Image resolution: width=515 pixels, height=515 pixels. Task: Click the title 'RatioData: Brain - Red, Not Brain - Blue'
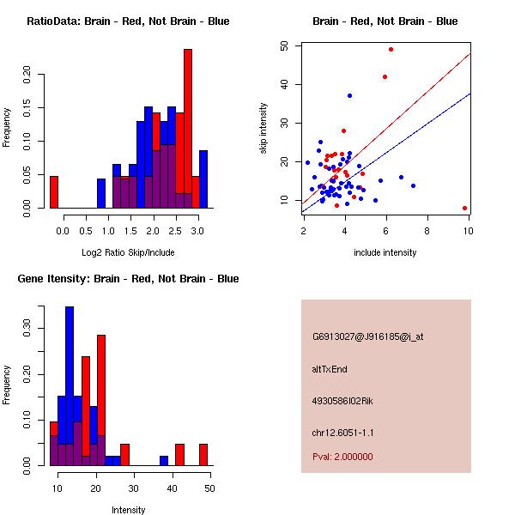128,21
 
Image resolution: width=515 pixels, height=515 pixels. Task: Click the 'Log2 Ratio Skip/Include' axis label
128,252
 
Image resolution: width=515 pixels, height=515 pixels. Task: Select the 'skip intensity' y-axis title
264,129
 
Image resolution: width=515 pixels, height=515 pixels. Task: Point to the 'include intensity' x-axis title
385,252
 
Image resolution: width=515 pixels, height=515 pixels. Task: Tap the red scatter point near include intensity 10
464,208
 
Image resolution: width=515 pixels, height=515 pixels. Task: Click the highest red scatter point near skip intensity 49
391,49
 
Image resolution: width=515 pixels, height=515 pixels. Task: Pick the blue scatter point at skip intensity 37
349,95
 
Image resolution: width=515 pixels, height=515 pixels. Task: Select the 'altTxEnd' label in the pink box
330,369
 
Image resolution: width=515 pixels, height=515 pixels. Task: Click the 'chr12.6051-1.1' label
343,433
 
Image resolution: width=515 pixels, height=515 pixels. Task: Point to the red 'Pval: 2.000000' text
342,457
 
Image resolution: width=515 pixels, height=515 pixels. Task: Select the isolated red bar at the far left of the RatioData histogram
54,191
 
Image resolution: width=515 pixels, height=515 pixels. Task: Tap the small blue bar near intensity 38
164,460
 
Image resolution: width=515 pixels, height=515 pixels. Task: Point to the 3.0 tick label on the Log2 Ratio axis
198,231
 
